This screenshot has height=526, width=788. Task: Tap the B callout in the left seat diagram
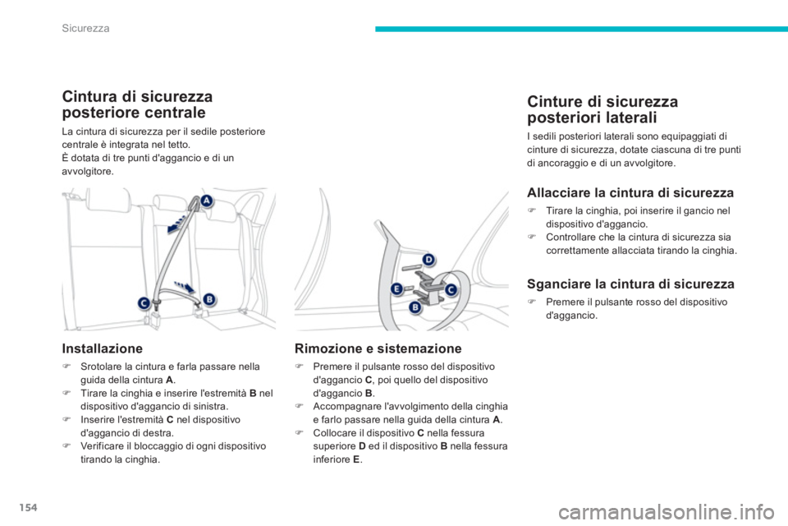coord(208,298)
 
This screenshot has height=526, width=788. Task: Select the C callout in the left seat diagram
coord(143,302)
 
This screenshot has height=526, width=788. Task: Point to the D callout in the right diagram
coord(427,261)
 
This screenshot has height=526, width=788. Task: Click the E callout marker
coord(396,288)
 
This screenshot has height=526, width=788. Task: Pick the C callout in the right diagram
coord(450,289)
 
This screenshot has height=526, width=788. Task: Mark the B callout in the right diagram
coord(415,307)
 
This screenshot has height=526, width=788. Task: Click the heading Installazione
coord(103,348)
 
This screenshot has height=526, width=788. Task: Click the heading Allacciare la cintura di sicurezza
coord(630,194)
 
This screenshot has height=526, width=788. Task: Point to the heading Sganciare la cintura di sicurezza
coord(630,284)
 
